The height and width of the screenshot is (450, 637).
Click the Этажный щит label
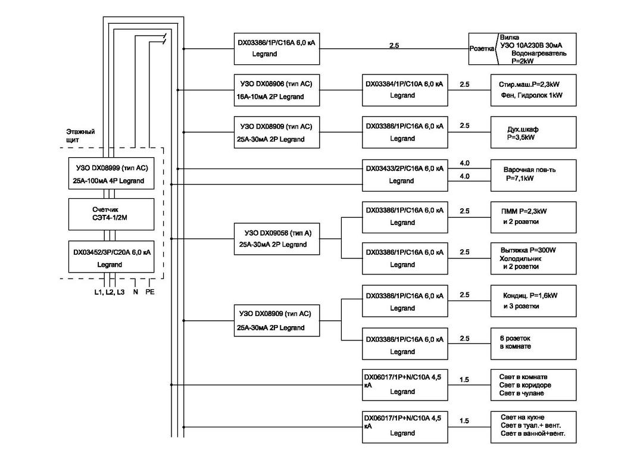pyautogui.click(x=80, y=135)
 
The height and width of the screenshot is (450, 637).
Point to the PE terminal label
pyautogui.click(x=150, y=292)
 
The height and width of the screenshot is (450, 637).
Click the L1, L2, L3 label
pyautogui.click(x=110, y=292)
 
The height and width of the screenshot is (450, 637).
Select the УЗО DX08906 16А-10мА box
pyautogui.click(x=276, y=90)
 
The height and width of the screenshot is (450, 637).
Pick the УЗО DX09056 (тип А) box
pyautogui.click(x=276, y=239)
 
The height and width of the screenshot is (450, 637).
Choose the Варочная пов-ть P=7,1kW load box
pyautogui.click(x=533, y=174)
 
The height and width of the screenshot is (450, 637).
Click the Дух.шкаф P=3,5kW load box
pyautogui.click(x=533, y=132)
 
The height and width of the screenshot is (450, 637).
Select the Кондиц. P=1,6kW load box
pyautogui.click(x=533, y=301)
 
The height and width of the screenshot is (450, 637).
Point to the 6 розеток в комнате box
pyautogui.click(x=533, y=343)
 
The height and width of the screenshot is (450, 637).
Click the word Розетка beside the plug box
pyautogui.click(x=481, y=48)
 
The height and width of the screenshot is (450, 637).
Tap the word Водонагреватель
pyautogui.click(x=539, y=53)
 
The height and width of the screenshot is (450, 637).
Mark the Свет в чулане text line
pyautogui.click(x=522, y=393)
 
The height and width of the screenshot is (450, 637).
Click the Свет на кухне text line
pyautogui.click(x=522, y=417)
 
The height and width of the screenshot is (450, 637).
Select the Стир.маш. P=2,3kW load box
pyautogui.click(x=533, y=90)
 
